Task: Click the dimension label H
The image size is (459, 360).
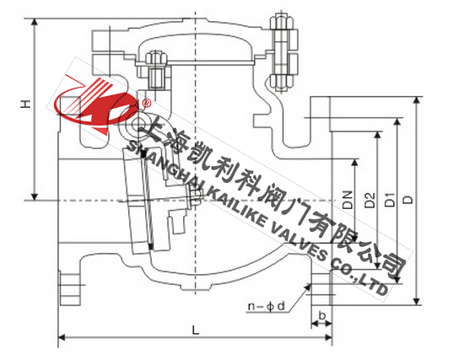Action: tap(26, 104)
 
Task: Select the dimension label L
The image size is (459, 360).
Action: tap(196, 330)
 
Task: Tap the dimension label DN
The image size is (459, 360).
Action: tap(348, 200)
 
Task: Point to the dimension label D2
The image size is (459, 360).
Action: tap(370, 200)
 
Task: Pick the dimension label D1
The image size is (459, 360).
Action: tap(390, 200)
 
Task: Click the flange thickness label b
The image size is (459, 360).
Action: tap(321, 315)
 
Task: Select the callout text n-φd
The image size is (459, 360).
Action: tap(267, 306)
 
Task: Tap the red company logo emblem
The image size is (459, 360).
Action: tap(96, 105)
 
